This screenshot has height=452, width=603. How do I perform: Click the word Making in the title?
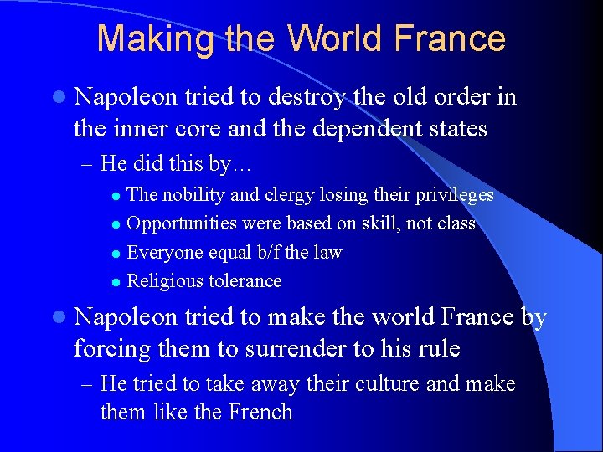[145, 39]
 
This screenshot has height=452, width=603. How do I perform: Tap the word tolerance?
[245, 280]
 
